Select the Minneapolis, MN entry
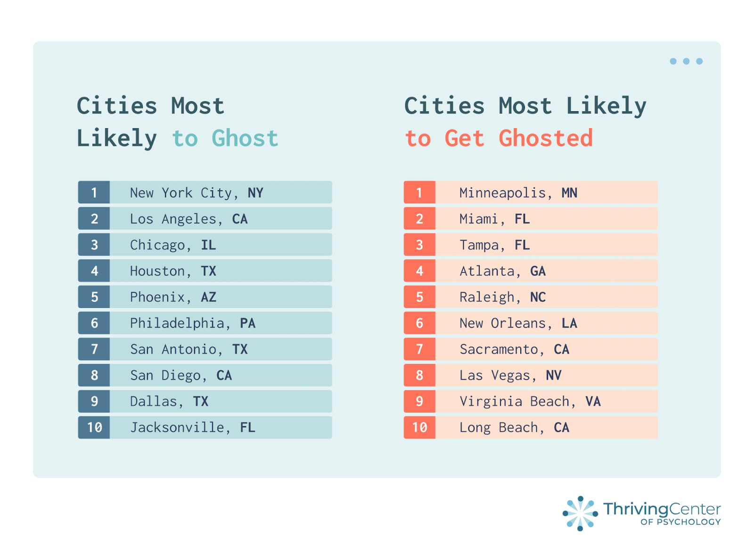(x=518, y=193)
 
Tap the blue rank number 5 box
(x=94, y=297)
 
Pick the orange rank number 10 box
(x=419, y=428)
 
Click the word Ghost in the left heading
(x=245, y=138)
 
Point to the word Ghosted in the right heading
(x=546, y=138)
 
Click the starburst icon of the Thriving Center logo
(x=580, y=513)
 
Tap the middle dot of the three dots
(x=686, y=61)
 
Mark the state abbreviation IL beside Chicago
(x=208, y=245)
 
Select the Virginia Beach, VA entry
(x=530, y=401)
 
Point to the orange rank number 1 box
(x=419, y=193)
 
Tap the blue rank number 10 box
(x=94, y=428)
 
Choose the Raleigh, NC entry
(x=502, y=297)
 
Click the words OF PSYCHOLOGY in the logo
(x=680, y=522)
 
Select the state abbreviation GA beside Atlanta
(x=538, y=271)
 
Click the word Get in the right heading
(x=464, y=138)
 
